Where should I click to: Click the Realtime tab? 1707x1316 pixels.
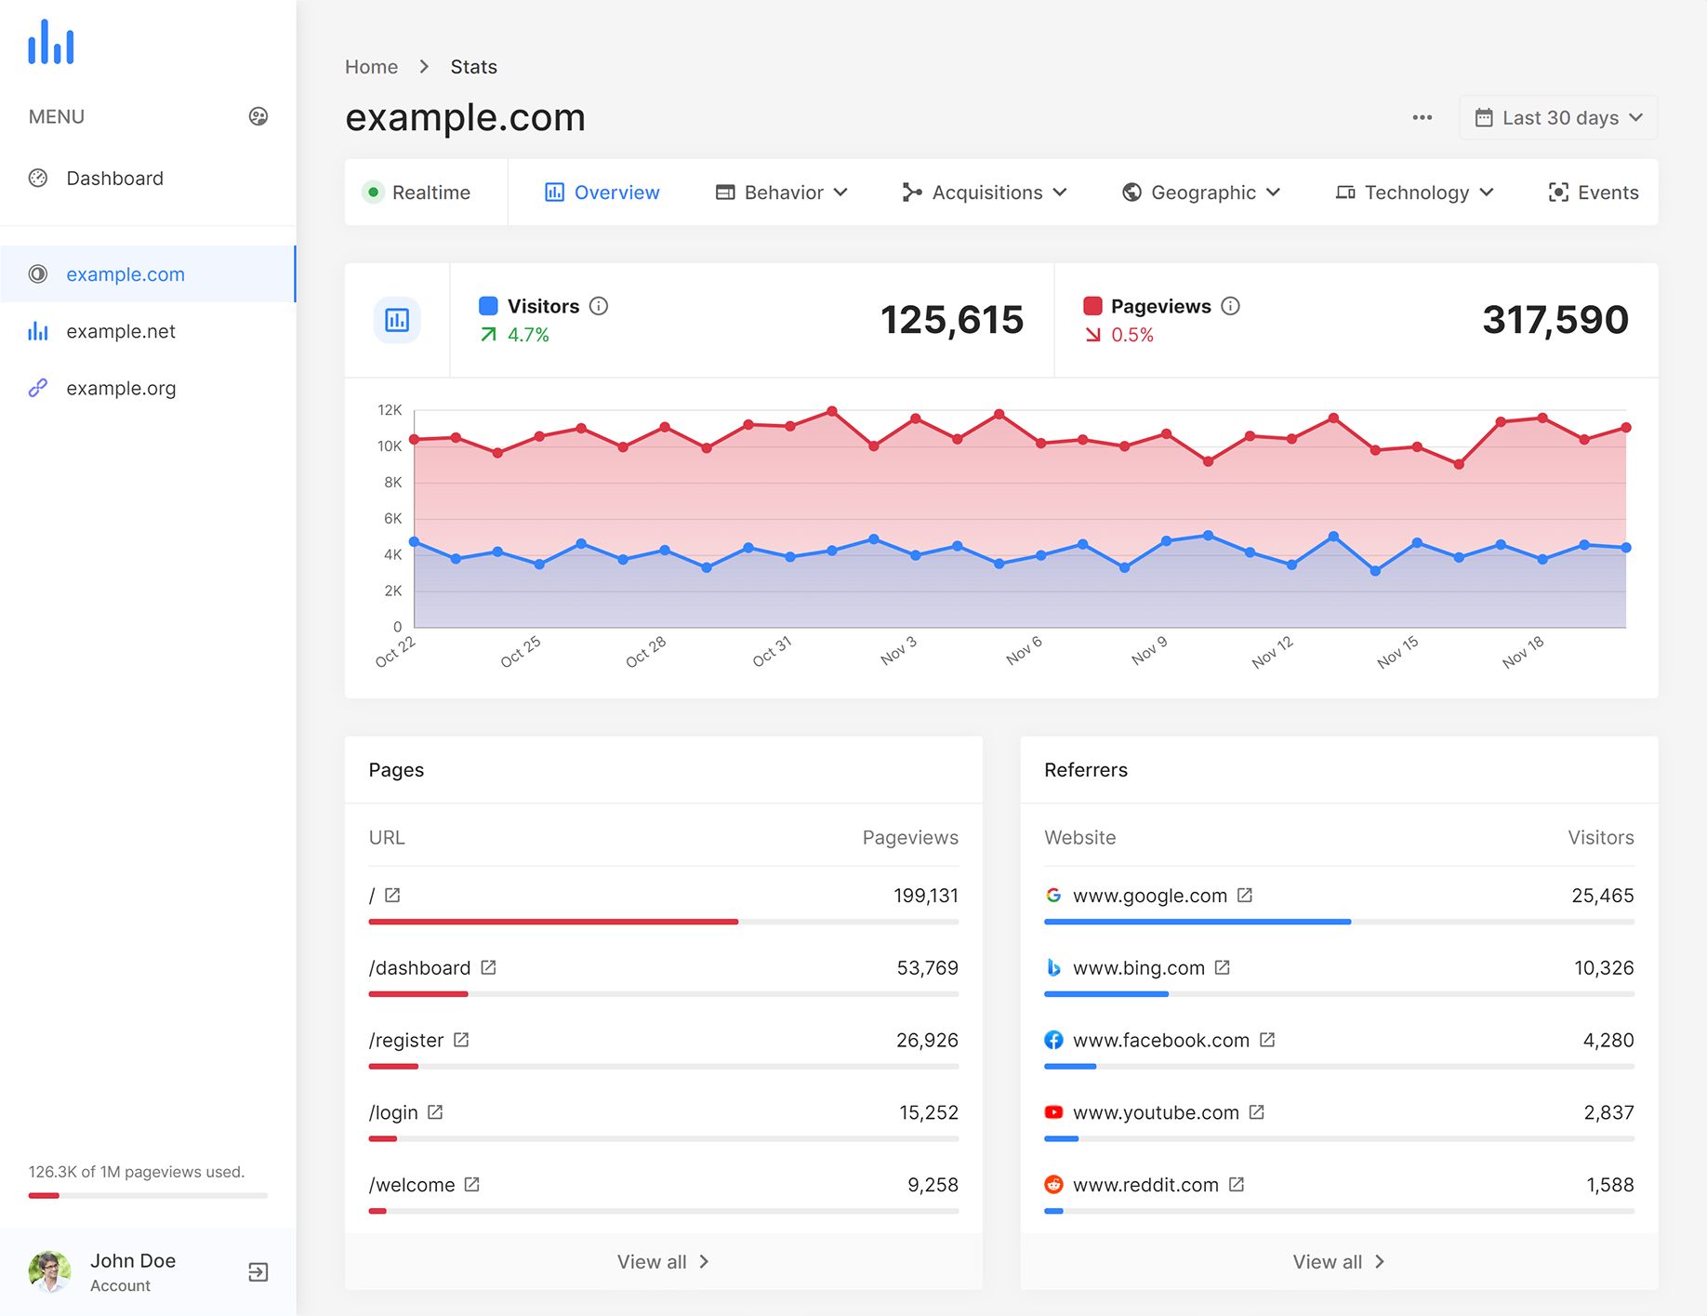pyautogui.click(x=417, y=193)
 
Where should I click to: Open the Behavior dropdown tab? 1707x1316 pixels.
pyautogui.click(x=782, y=193)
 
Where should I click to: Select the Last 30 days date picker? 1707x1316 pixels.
pyautogui.click(x=1558, y=118)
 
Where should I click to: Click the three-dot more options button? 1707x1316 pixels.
pyautogui.click(x=1422, y=118)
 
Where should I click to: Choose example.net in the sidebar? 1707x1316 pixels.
pyautogui.click(x=121, y=331)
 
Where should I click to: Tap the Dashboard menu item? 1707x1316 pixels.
pyautogui.click(x=114, y=179)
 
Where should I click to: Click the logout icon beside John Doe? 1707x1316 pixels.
pyautogui.click(x=258, y=1271)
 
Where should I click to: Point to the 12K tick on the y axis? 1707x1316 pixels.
pyautogui.click(x=390, y=410)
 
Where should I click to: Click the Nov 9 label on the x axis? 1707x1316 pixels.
pyautogui.click(x=1149, y=651)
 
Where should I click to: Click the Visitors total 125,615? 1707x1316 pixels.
pyautogui.click(x=951, y=320)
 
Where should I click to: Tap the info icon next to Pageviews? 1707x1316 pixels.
pyautogui.click(x=1230, y=306)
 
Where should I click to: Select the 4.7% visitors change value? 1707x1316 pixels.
pyautogui.click(x=528, y=335)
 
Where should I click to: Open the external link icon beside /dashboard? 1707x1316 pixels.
pyautogui.click(x=489, y=967)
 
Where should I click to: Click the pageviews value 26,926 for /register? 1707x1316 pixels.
pyautogui.click(x=926, y=1040)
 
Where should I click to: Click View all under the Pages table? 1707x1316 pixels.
pyautogui.click(x=663, y=1262)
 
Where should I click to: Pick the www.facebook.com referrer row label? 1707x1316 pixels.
pyautogui.click(x=1160, y=1040)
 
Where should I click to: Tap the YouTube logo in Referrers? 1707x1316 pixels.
pyautogui.click(x=1053, y=1112)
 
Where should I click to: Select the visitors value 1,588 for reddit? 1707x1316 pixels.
pyautogui.click(x=1609, y=1185)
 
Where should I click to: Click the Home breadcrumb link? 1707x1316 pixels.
pyautogui.click(x=371, y=67)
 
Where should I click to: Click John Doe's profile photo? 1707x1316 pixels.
pyautogui.click(x=49, y=1271)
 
